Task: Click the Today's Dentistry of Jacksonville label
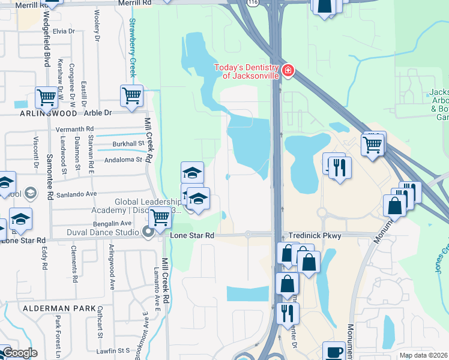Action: click(x=247, y=71)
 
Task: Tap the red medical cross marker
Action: click(x=288, y=71)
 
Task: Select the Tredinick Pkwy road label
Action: click(x=315, y=236)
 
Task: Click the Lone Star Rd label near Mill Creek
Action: click(x=192, y=236)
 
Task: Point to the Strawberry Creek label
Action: click(x=132, y=47)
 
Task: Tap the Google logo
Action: click(x=19, y=353)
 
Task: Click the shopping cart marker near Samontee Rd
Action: click(x=46, y=97)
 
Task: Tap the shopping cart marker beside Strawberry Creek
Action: click(x=131, y=95)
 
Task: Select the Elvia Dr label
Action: click(x=64, y=31)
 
